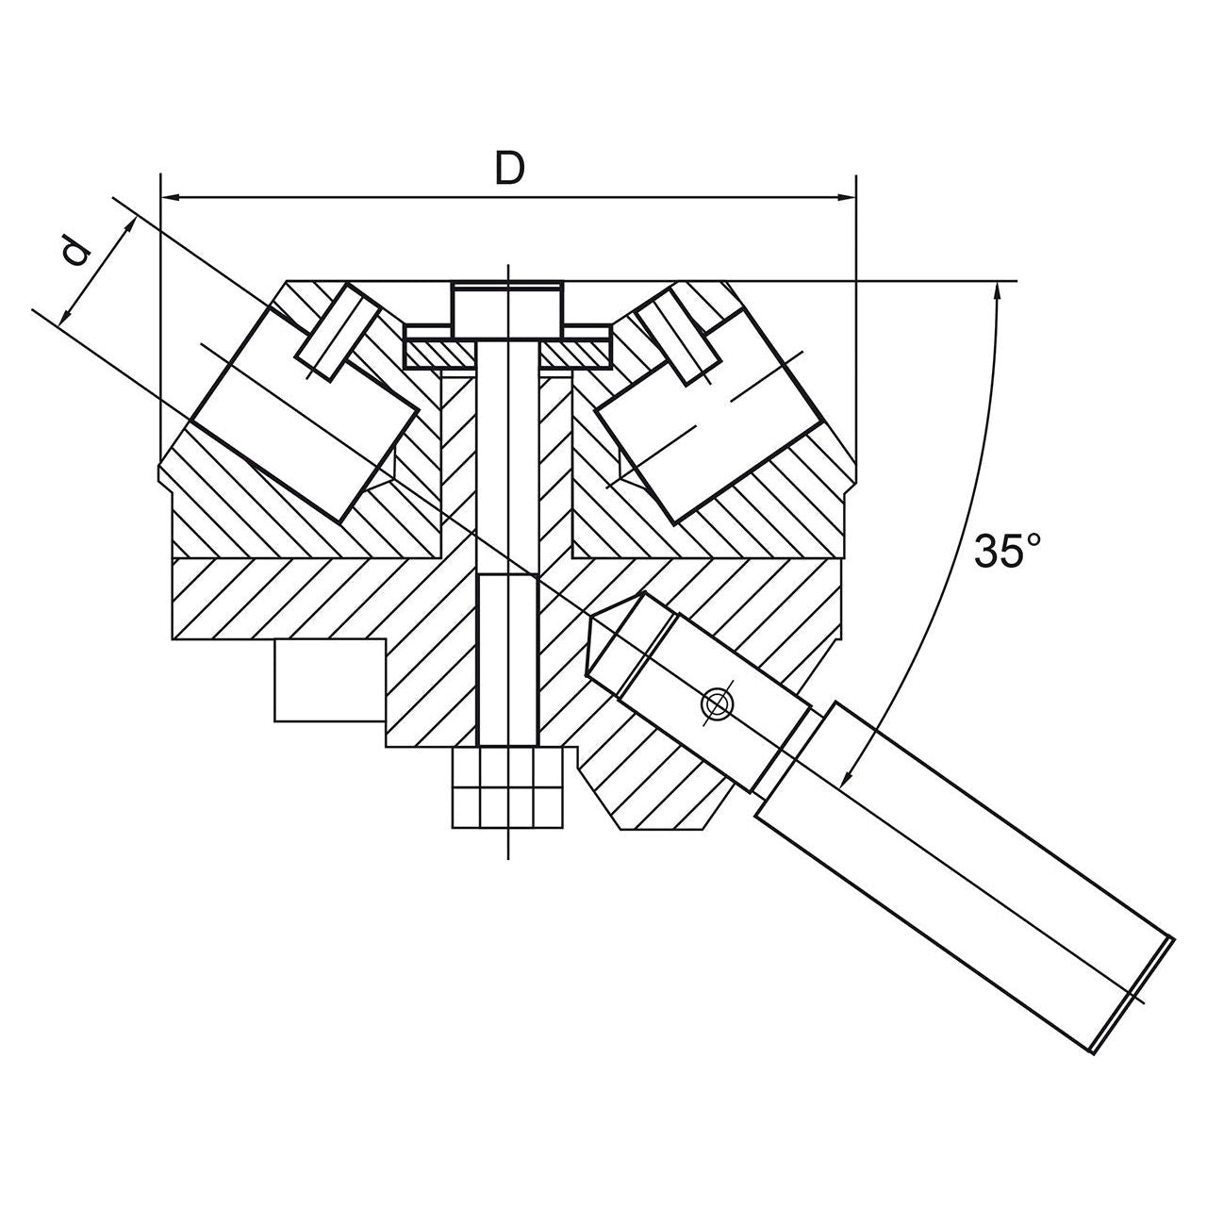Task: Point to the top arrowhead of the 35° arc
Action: (998, 291)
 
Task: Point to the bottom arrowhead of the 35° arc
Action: (847, 778)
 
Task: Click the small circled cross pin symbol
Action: (717, 703)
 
